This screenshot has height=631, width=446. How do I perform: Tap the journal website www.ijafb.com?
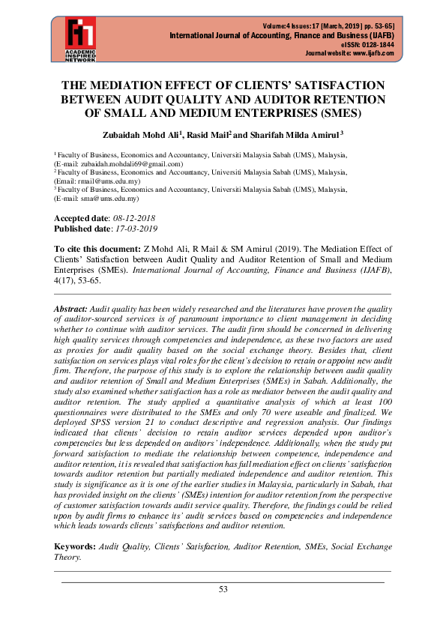[x=374, y=54]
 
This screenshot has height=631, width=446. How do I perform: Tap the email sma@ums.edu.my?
[x=112, y=199]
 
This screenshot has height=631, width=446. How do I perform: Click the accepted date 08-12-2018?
[x=139, y=217]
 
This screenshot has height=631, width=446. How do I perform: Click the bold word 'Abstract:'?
[x=71, y=309]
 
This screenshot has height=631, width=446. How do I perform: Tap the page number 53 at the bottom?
[x=223, y=589]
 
